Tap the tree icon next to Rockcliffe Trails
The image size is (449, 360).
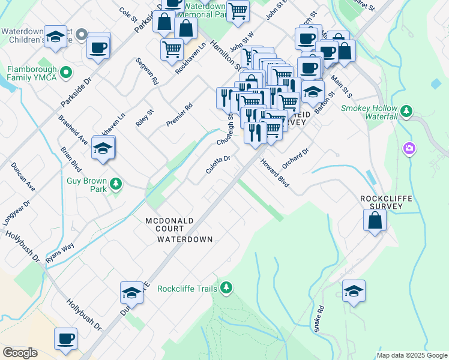coord(226,289)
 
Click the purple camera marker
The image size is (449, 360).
coord(409,148)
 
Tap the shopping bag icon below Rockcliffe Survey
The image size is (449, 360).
coord(375,220)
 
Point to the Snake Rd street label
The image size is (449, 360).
coord(318,319)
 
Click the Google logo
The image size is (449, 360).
coord(20,353)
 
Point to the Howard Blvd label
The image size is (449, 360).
coord(275,173)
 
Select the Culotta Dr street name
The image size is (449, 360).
coord(218,163)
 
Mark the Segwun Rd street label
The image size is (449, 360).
coord(146,71)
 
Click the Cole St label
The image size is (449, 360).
coord(128,13)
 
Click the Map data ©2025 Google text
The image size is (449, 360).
coord(412,355)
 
